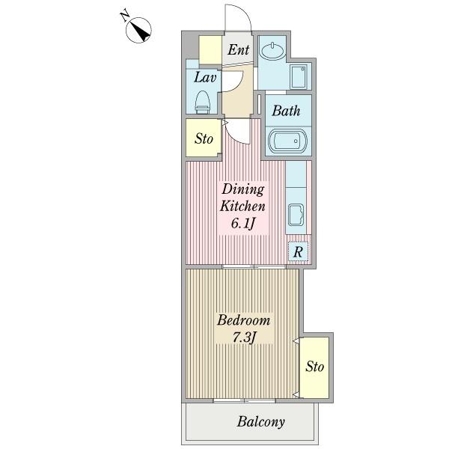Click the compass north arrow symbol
(139, 30)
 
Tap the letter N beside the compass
(124, 16)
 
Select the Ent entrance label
(238, 49)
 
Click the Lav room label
(205, 77)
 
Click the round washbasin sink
(272, 52)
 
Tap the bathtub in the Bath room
(287, 141)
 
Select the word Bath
(286, 111)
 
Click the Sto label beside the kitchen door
(204, 139)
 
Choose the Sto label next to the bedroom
(315, 366)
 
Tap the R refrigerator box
(298, 251)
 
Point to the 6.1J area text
(242, 223)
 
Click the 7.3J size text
(243, 337)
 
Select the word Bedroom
(243, 320)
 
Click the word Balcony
(261, 422)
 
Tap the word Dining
(243, 189)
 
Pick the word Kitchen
(242, 207)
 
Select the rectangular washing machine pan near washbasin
(299, 76)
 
